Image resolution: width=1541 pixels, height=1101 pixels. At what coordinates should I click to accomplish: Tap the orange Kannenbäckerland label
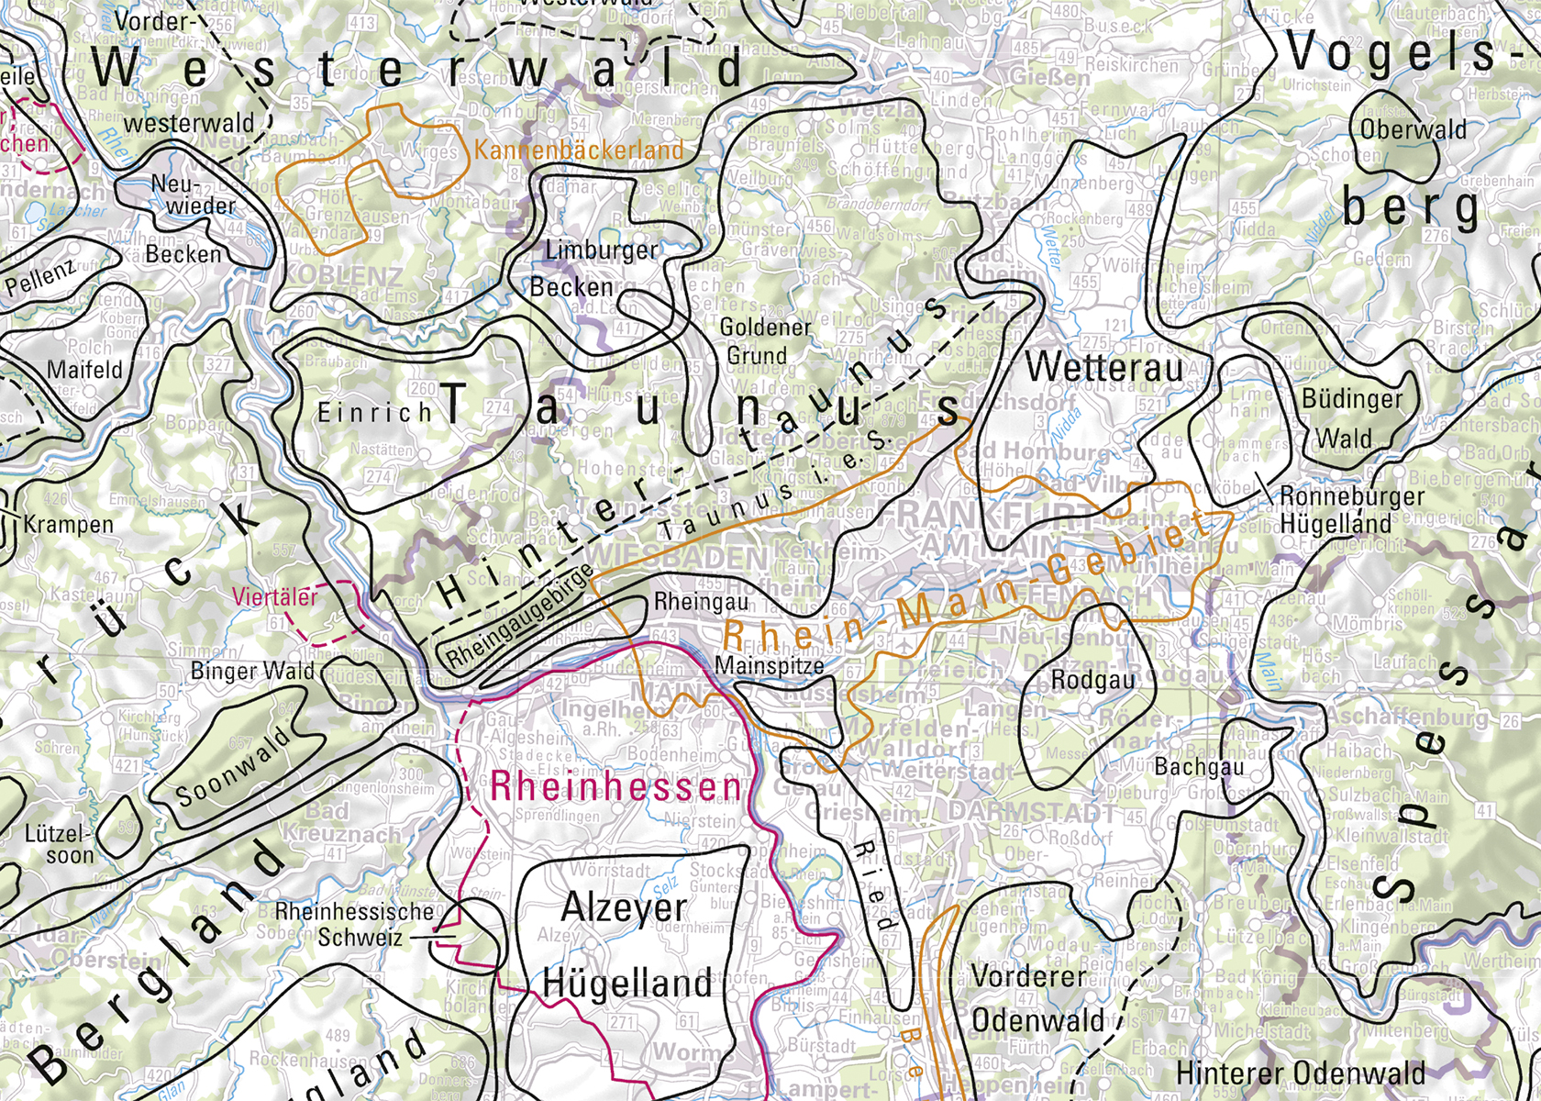click(x=580, y=150)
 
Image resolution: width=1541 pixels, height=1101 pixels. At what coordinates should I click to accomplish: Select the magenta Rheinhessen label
click(x=615, y=787)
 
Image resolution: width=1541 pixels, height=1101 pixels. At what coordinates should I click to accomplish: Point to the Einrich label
click(x=374, y=413)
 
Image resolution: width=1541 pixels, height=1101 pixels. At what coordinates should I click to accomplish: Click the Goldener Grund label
click(x=764, y=340)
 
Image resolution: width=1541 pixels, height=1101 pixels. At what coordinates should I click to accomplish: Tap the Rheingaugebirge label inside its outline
click(x=521, y=628)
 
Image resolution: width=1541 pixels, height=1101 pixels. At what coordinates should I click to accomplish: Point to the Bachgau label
click(x=1199, y=766)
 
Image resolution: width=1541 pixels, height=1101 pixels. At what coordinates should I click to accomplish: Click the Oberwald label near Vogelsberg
click(x=1414, y=129)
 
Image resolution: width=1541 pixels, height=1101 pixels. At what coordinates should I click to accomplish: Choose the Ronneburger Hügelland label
click(x=1338, y=510)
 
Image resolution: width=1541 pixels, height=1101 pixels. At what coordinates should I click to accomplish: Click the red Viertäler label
click(x=274, y=596)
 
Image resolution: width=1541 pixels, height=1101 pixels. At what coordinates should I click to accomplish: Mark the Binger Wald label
click(x=251, y=672)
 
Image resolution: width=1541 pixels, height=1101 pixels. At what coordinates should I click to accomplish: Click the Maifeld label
click(x=84, y=371)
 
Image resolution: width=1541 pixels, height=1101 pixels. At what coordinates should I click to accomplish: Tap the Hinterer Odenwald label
click(x=1300, y=1072)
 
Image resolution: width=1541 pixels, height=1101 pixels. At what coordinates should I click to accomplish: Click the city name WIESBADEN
click(x=678, y=558)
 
